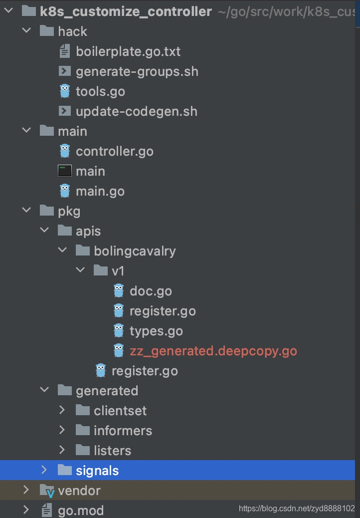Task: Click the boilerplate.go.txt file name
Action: pos(128,51)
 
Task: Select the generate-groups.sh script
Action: pos(137,72)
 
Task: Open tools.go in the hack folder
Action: pos(100,91)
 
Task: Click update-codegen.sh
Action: pos(137,112)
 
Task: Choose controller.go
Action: pos(115,152)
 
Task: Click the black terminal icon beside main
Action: pos(65,171)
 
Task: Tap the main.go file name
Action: pos(100,191)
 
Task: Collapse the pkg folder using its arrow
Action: pos(26,210)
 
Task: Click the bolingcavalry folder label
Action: pos(135,251)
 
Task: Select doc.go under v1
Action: pos(151,291)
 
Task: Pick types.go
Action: pos(156,331)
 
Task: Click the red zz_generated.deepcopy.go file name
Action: pos(213,351)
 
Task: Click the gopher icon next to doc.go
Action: pos(119,291)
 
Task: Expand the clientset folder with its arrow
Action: pos(62,410)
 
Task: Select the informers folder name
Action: pos(123,431)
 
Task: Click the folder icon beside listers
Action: pos(82,450)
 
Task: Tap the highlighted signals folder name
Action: pos(97,471)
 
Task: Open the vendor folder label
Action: pos(79,491)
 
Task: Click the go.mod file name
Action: pos(80,511)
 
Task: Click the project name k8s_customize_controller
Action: pos(126,12)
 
